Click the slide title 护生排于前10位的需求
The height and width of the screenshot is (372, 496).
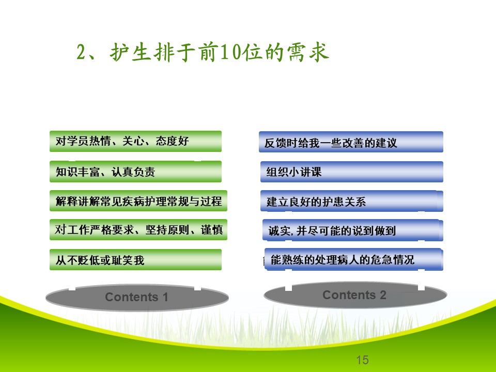203,52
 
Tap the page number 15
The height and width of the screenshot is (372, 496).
362,360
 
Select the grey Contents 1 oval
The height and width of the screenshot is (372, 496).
137,297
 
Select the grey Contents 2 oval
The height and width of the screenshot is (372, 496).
355,295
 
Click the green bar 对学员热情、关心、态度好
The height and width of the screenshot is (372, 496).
135,141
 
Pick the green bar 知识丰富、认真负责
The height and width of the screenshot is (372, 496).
135,172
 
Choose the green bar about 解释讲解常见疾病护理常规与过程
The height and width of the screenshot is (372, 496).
138,201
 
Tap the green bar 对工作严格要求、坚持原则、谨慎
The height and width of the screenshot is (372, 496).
138,229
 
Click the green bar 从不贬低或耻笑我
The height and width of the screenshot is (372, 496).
135,260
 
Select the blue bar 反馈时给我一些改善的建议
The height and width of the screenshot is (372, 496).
351,142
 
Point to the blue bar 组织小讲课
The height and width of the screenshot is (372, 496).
352,172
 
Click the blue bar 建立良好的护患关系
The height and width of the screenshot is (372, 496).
352,201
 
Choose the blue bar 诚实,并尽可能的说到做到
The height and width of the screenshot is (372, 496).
353,230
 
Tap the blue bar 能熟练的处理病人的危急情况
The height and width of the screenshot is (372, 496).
353,260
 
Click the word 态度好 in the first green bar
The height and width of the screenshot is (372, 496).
172,141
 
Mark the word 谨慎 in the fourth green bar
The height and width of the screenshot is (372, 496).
212,229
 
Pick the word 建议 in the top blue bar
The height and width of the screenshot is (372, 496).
386,143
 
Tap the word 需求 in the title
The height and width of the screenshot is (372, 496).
308,52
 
